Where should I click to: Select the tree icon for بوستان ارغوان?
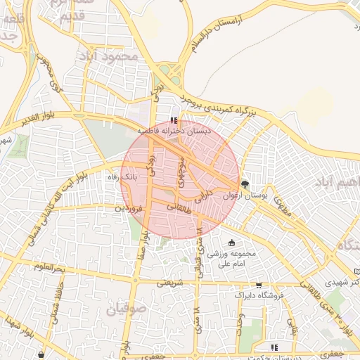pyautogui.click(x=245, y=185)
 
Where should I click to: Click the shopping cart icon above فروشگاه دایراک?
pyautogui.click(x=259, y=285)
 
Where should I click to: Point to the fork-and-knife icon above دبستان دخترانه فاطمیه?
pyautogui.click(x=174, y=121)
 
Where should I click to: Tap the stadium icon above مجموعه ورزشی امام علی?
pyautogui.click(x=232, y=243)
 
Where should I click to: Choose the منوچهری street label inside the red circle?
pyautogui.click(x=181, y=169)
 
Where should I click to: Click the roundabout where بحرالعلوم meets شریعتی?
pyautogui.click(x=135, y=279)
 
